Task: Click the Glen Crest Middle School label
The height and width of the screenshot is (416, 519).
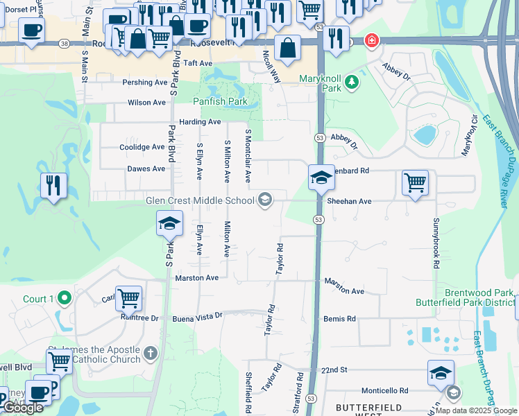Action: click(200, 201)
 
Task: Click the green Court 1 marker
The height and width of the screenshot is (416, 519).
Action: click(65, 299)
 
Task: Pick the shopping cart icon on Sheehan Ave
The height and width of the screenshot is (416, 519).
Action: click(415, 183)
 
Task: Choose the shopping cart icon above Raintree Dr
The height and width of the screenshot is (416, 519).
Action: click(128, 299)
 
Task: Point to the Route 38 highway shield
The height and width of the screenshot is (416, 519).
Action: click(64, 43)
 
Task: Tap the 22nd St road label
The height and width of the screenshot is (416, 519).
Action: click(334, 371)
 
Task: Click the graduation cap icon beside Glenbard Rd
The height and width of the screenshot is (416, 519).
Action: click(321, 177)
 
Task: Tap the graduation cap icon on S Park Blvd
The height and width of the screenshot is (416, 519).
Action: click(169, 224)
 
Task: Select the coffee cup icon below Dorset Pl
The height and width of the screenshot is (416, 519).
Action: click(32, 31)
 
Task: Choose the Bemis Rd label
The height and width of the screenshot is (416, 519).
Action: click(339, 319)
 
